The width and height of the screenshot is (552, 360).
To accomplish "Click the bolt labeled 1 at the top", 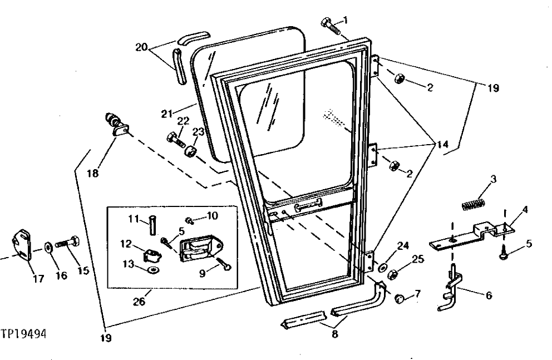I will pos(331,26).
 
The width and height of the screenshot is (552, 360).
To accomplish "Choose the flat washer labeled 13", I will pos(152,270).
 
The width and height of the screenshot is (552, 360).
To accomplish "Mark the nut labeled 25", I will pos(391,274).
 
